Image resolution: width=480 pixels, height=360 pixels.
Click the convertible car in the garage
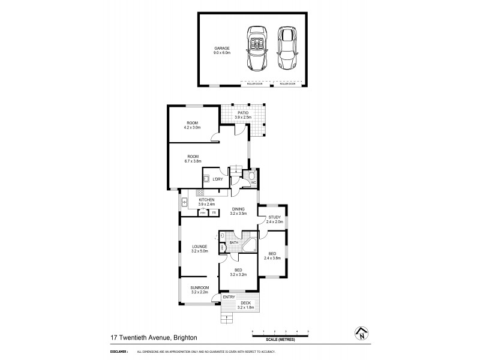(x=256, y=49)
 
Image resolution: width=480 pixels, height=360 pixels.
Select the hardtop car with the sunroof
(x=286, y=49)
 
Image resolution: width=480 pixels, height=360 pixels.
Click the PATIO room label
(x=242, y=114)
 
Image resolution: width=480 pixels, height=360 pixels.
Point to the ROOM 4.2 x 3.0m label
(x=192, y=125)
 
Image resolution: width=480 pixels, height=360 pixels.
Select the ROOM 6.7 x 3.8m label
(x=192, y=158)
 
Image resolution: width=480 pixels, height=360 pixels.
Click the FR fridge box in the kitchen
(x=213, y=212)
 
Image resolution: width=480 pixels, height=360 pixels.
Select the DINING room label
(x=239, y=211)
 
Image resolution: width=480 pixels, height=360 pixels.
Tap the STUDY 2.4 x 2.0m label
(x=274, y=219)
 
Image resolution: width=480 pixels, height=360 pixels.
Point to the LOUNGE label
(x=199, y=248)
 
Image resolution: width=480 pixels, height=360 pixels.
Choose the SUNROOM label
(x=199, y=290)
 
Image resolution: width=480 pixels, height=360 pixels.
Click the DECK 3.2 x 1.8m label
(x=246, y=305)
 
